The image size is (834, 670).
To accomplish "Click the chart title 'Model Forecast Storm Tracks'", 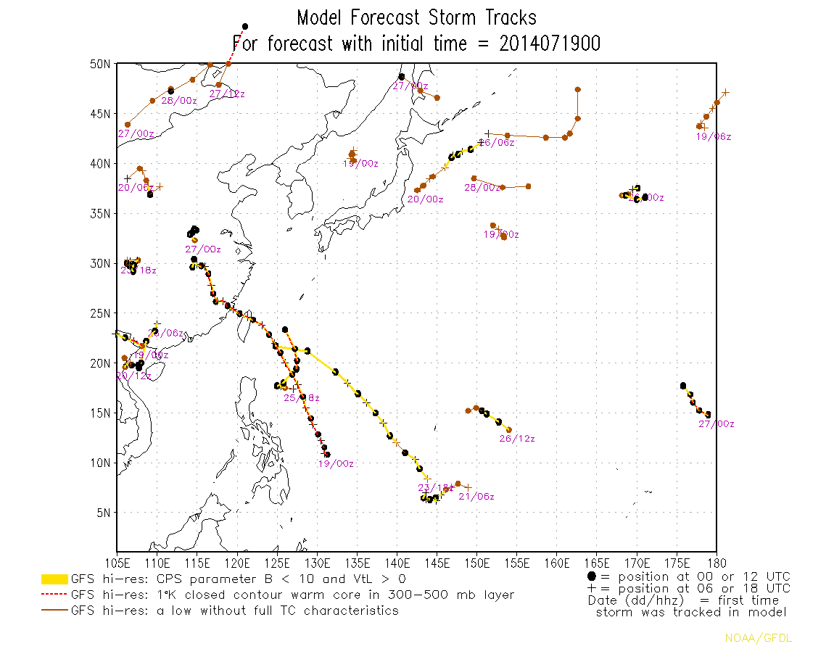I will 417,17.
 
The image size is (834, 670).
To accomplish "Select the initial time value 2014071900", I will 550,44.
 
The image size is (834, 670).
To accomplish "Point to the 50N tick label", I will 100,64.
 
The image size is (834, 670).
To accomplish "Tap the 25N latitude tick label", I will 100,313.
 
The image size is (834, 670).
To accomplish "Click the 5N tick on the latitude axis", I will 103,513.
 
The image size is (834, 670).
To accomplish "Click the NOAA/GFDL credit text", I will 759,638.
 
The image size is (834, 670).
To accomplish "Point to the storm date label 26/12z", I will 517,439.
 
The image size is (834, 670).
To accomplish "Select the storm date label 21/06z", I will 476,497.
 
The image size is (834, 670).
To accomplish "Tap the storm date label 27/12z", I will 227,94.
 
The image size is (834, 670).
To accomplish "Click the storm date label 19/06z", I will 714,136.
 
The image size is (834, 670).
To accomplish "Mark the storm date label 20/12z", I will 134,376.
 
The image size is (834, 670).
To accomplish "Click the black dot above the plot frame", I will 245,27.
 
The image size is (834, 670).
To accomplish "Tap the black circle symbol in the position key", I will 591,576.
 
